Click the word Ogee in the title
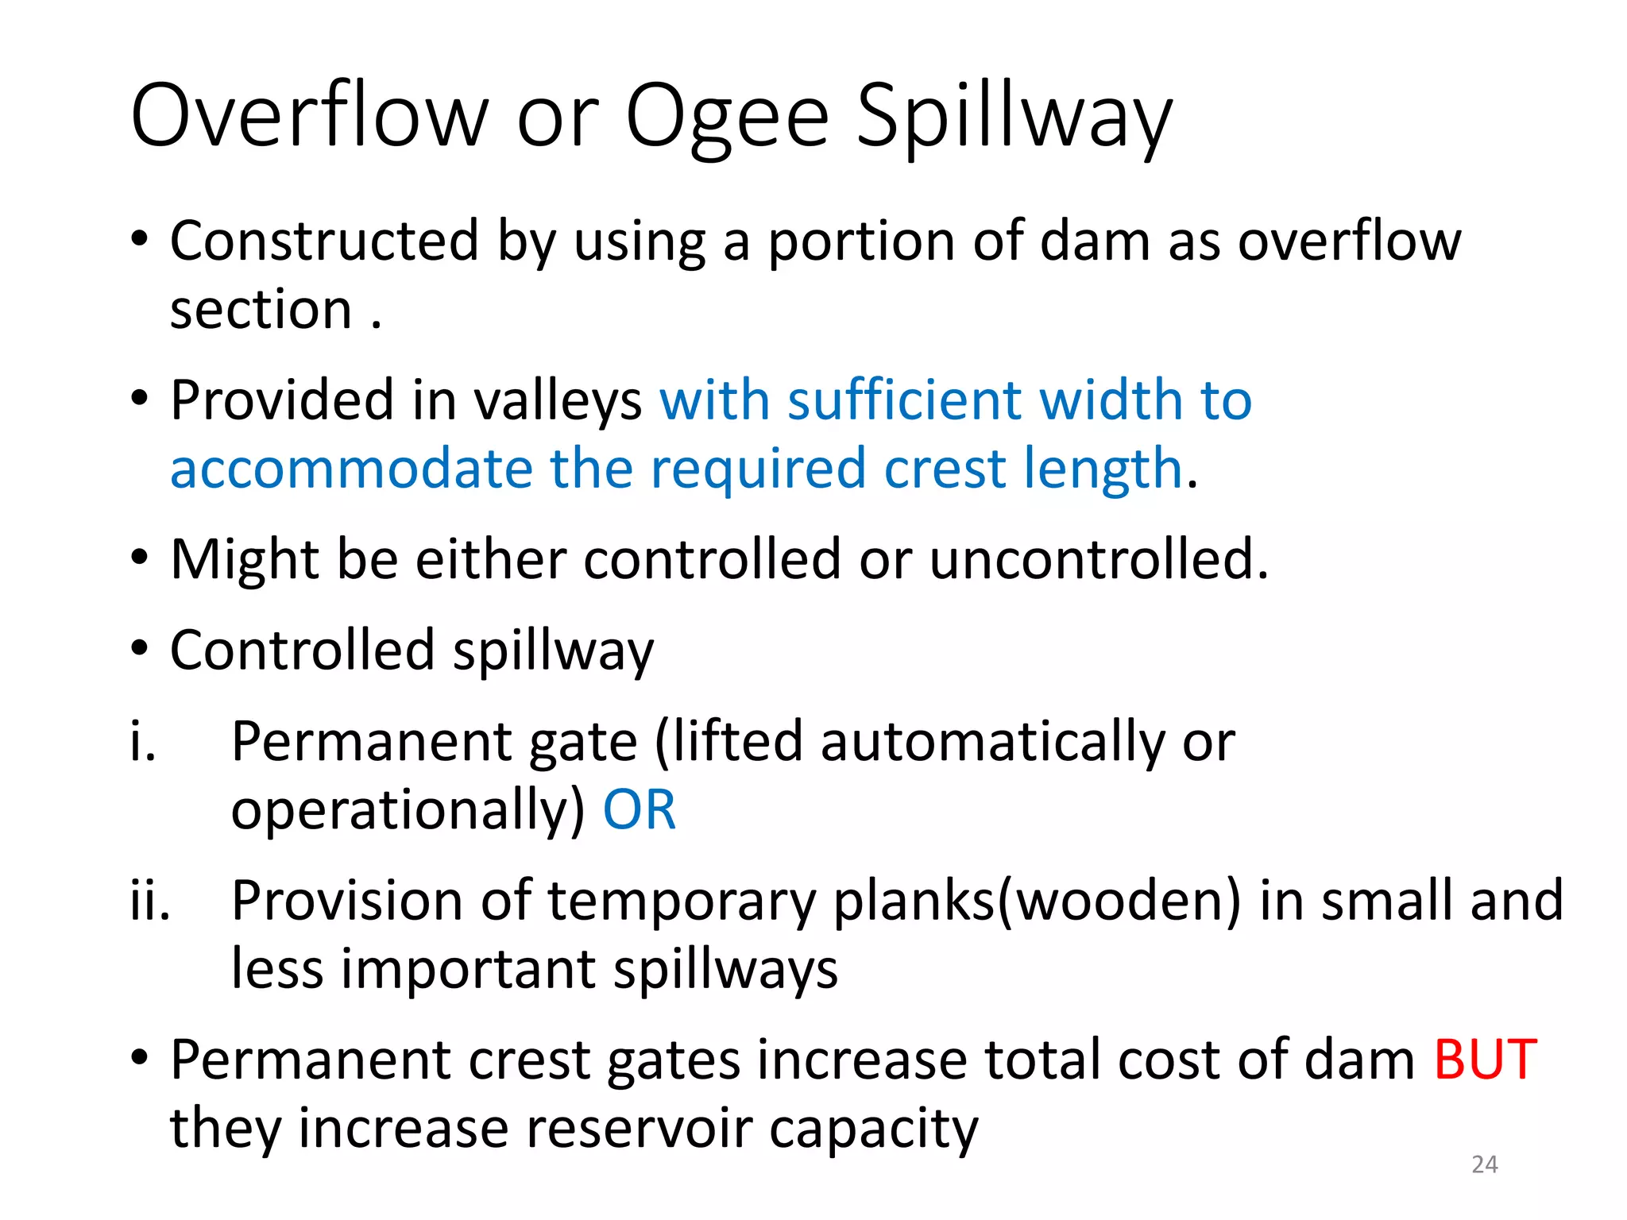tap(727, 119)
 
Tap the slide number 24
tap(1484, 1164)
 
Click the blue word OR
tap(640, 810)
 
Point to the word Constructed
tap(324, 241)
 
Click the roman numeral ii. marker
tap(150, 901)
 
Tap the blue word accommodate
tap(351, 469)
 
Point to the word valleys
tap(558, 401)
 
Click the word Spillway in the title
tap(1014, 119)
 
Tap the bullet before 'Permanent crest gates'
tap(140, 1059)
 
